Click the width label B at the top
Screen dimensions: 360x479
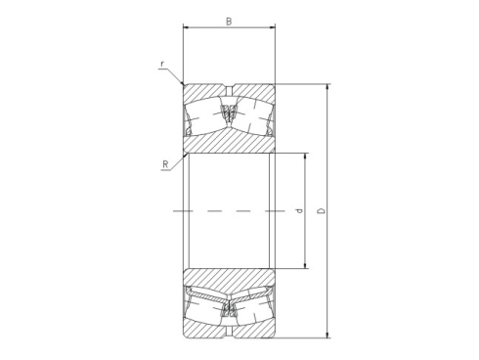coord(229,20)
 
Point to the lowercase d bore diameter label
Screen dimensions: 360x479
coord(299,210)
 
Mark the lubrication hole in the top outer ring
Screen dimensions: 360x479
coord(229,86)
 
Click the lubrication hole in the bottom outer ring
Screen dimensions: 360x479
coord(229,335)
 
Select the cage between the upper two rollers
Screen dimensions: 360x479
coord(229,115)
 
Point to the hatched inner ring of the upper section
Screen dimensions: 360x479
coord(229,142)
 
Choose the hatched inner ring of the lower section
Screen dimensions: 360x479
coord(229,278)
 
